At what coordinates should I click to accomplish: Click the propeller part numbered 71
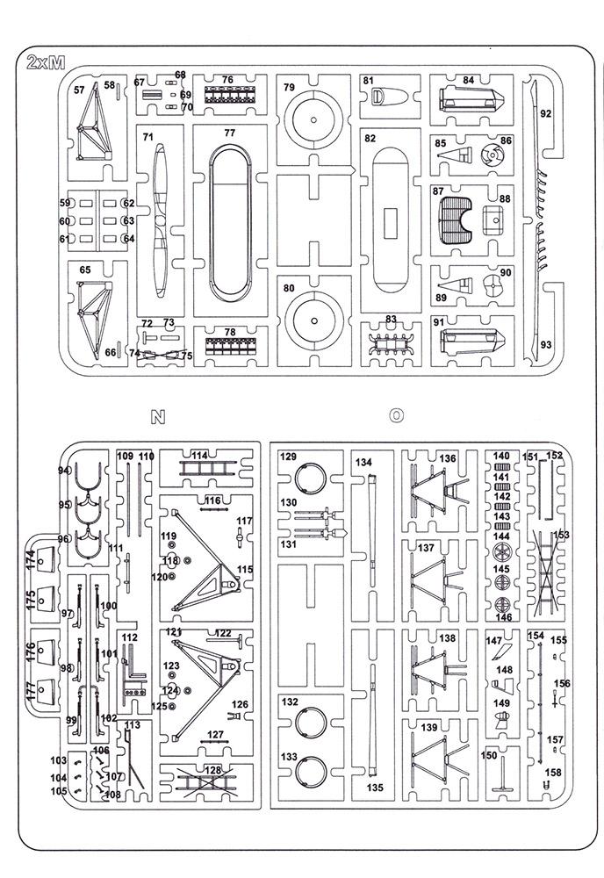click(x=161, y=220)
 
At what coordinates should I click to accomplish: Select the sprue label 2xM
click(x=46, y=62)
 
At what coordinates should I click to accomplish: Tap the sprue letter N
click(x=158, y=416)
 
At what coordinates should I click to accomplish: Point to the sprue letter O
click(x=396, y=415)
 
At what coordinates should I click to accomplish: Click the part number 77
click(x=229, y=133)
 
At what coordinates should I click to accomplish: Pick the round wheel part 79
click(x=313, y=119)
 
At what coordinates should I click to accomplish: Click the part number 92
click(x=546, y=113)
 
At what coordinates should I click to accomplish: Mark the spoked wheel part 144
click(x=502, y=552)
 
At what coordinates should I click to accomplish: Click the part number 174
click(x=30, y=560)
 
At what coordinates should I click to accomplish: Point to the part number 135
click(x=375, y=788)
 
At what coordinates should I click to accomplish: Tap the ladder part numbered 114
click(x=208, y=467)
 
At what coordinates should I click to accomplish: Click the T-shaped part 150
click(x=502, y=774)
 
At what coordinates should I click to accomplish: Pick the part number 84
click(x=469, y=81)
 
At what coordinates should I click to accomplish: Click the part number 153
click(x=561, y=535)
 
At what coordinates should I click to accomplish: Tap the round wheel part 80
click(x=314, y=320)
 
